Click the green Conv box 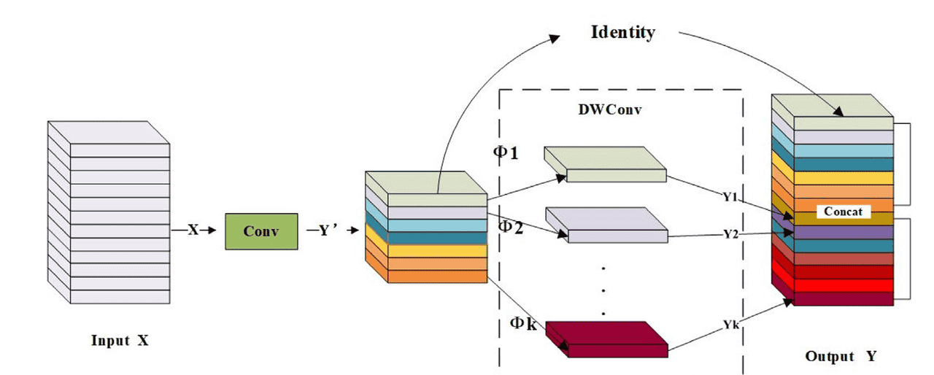261,231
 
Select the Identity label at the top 622,33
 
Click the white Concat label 843,212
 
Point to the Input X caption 120,341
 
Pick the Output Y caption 840,357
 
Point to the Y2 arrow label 731,233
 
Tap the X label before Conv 193,231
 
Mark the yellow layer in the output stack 843,177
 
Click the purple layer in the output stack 843,231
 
